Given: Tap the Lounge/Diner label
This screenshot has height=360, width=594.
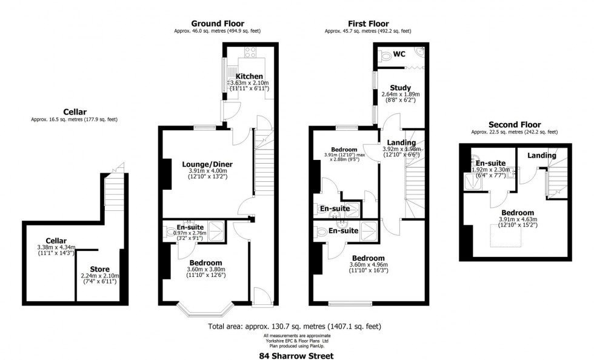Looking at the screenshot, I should [207, 164].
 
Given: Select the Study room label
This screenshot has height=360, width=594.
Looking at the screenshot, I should [401, 87].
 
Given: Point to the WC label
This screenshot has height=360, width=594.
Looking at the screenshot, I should [399, 54].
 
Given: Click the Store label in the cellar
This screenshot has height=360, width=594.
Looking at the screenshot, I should [100, 268].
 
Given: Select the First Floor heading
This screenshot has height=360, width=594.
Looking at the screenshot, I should [368, 24].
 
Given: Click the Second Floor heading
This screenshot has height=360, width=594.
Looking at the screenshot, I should [514, 125].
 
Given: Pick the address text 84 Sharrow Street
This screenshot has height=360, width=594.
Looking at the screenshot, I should [296, 356].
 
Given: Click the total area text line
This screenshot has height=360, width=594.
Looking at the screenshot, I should [295, 327].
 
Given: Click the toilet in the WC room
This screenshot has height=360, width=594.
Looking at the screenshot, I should [385, 55].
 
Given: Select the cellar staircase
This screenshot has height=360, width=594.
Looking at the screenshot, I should [115, 191].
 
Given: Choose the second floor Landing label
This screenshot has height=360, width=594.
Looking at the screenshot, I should [541, 155].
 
